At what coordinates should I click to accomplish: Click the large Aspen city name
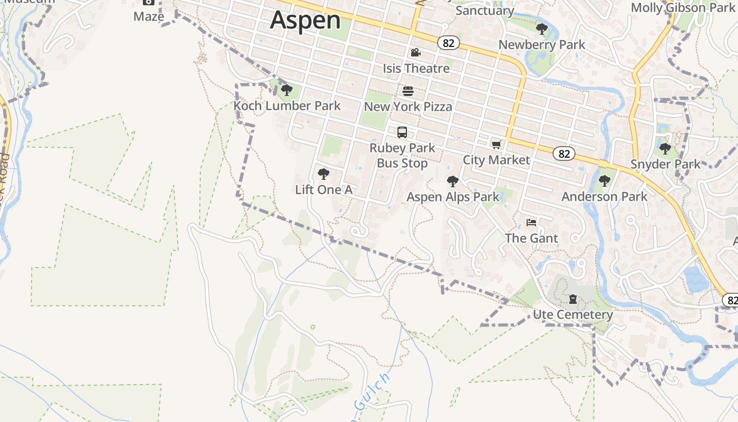coord(306,20)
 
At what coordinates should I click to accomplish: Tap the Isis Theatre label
coord(416,68)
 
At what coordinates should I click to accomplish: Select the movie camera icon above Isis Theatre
coord(415,52)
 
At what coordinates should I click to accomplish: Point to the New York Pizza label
coord(408,107)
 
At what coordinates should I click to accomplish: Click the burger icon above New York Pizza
coord(407,91)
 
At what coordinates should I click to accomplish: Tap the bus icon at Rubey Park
coord(402,132)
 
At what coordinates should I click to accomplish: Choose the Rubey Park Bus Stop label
coord(402,156)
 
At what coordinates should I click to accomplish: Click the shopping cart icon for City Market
coord(496,145)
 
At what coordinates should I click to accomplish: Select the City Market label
coord(496,160)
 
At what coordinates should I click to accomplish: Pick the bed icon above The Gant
coord(531,223)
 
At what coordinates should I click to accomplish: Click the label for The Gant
coord(531,238)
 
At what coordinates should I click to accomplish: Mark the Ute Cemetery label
coord(572,315)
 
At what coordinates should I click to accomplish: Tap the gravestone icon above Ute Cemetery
coord(572,300)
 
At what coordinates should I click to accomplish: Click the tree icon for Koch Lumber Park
coord(287,90)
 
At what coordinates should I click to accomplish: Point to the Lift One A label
coord(324,190)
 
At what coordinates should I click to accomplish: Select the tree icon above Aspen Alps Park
coord(452,182)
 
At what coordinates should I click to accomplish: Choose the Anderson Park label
coord(604,197)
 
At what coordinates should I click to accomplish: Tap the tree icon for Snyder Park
coord(665,149)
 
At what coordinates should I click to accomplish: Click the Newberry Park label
coord(541,45)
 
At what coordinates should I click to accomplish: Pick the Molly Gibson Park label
coord(683,8)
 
